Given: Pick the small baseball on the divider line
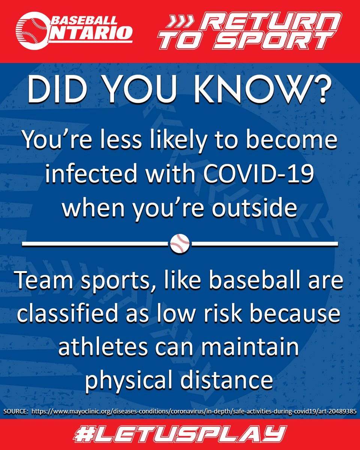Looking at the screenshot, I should [180, 244].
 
